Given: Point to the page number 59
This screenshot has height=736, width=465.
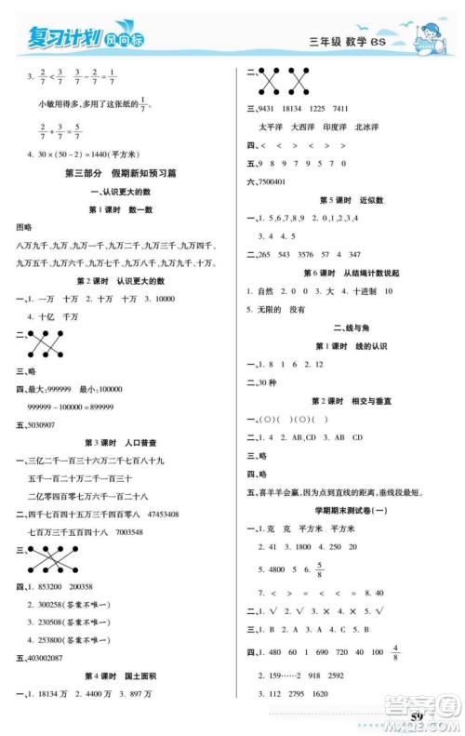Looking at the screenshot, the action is (416, 714).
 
